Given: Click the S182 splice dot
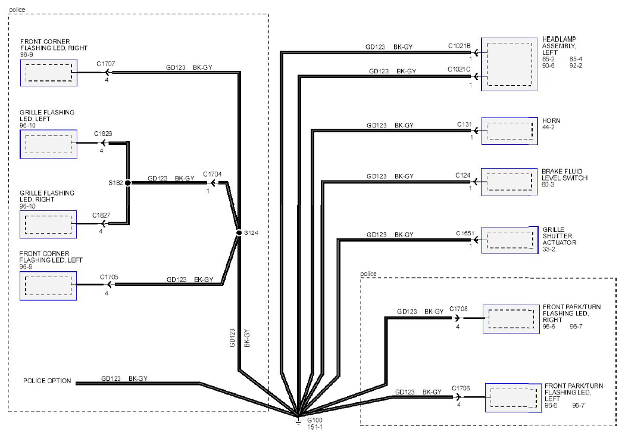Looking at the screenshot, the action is pyautogui.click(x=128, y=183).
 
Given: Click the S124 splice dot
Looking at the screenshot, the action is pyautogui.click(x=239, y=233).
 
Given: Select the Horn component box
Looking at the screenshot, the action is pyautogui.click(x=510, y=130).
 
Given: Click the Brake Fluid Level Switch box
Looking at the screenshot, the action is pyautogui.click(x=510, y=182).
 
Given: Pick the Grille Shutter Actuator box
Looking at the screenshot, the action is pyautogui.click(x=510, y=240).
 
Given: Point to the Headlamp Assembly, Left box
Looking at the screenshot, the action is pyautogui.click(x=510, y=64).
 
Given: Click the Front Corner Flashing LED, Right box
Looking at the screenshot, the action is pyautogui.click(x=49, y=73).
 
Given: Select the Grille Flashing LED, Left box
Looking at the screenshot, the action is pyautogui.click(x=48, y=144).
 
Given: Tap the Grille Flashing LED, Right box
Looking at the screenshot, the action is pyautogui.click(x=48, y=225).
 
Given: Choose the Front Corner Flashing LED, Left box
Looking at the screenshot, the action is pyautogui.click(x=48, y=285).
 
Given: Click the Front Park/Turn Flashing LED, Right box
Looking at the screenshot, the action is pyautogui.click(x=511, y=319).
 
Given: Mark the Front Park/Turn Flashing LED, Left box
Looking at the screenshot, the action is pyautogui.click(x=513, y=397).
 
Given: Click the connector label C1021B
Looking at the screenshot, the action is pyautogui.click(x=460, y=46).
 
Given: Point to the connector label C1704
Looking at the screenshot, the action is pyautogui.click(x=212, y=174).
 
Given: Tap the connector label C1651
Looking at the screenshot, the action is pyautogui.click(x=465, y=233).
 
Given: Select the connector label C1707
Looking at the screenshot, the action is pyautogui.click(x=106, y=64).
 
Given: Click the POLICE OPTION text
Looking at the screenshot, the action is pyautogui.click(x=47, y=381).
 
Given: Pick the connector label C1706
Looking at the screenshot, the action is pyautogui.click(x=461, y=388).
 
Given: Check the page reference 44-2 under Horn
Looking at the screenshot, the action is pyautogui.click(x=548, y=127).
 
